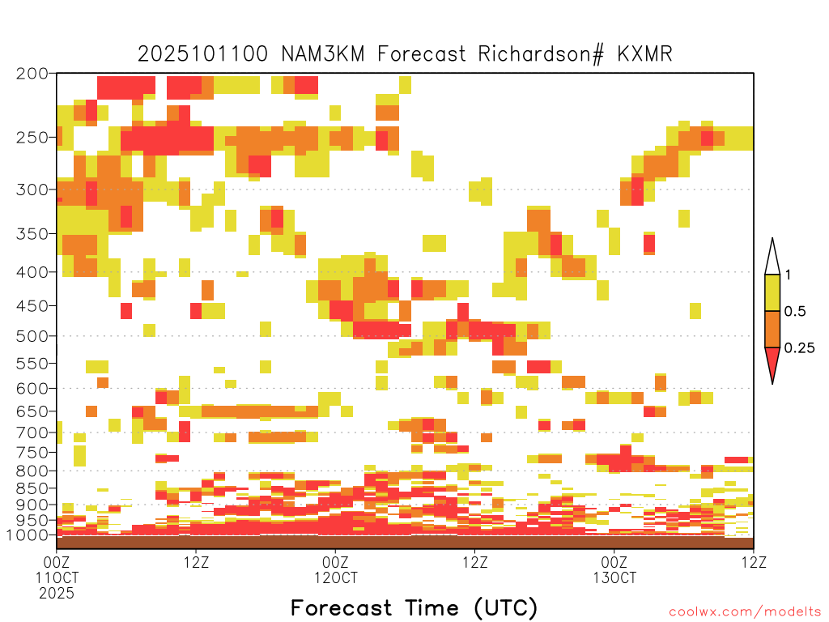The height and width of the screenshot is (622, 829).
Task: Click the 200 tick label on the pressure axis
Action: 32,74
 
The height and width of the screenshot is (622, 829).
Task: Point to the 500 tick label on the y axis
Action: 32,336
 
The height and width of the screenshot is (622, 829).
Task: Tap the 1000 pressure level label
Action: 27,535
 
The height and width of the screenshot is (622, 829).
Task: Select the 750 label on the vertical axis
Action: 32,453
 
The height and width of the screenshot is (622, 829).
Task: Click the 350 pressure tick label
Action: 32,234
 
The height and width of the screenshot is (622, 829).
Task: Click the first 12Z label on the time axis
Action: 196,562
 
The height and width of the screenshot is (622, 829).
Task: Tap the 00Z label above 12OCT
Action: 335,562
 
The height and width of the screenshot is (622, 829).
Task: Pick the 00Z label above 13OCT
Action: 614,562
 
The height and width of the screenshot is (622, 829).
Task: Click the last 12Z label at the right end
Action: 754,562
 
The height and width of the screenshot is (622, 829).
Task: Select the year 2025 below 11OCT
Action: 57,593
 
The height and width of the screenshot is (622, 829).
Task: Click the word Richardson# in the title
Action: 540,54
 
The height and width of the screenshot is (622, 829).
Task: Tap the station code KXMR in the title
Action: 644,54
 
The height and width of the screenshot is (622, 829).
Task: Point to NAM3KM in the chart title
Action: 323,54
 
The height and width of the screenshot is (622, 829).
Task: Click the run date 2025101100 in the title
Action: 202,54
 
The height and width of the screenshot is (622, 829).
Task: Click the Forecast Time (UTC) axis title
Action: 414,608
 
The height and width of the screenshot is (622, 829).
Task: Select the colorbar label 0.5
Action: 795,312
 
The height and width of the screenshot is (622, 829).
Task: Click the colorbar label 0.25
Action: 799,348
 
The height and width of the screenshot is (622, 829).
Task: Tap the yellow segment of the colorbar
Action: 772,292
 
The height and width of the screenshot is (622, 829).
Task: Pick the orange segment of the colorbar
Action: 772,329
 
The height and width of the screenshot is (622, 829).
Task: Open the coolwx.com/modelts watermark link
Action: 746,612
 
